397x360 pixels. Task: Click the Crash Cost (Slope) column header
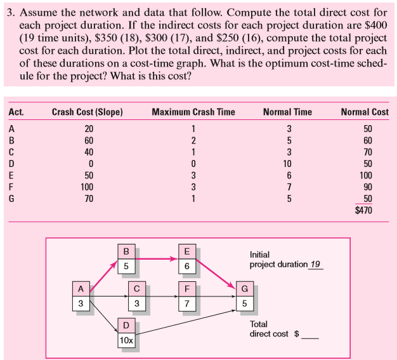[x=87, y=112]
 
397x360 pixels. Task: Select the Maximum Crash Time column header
[x=193, y=112]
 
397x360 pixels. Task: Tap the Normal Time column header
[x=287, y=112]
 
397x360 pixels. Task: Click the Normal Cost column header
[x=364, y=112]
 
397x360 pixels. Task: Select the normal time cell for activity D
[x=287, y=164]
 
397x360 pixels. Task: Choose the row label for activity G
[x=12, y=199]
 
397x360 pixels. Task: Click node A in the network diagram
[x=81, y=289]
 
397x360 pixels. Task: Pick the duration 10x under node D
[x=126, y=340]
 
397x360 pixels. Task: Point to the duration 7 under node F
[x=186, y=303]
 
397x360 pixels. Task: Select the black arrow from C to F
[x=162, y=296]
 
